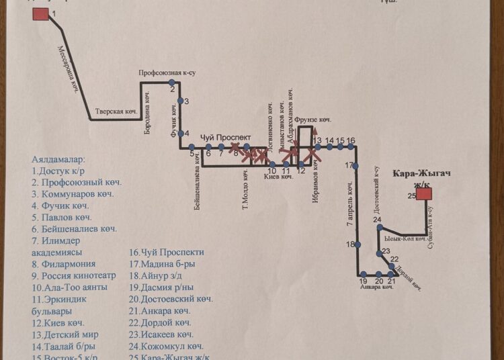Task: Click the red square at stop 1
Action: pyautogui.click(x=40, y=14)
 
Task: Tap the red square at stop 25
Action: pyautogui.click(x=423, y=194)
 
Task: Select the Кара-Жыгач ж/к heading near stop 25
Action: pyautogui.click(x=422, y=178)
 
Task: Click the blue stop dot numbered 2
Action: pyautogui.click(x=172, y=83)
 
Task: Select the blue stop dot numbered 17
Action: pyautogui.click(x=356, y=166)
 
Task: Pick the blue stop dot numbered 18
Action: pyautogui.click(x=357, y=244)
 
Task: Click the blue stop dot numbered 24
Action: pyautogui.click(x=379, y=228)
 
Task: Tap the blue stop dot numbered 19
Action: pyautogui.click(x=364, y=275)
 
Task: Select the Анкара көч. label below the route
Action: pyautogui.click(x=376, y=287)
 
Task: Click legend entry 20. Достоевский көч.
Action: pyautogui.click(x=171, y=299)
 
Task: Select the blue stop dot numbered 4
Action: pyautogui.click(x=180, y=133)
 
